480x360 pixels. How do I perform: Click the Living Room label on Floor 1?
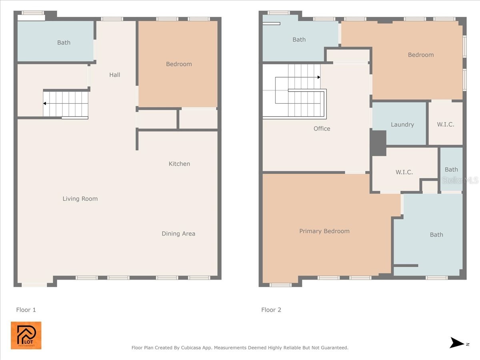pyautogui.click(x=80, y=199)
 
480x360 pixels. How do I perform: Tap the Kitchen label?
pyautogui.click(x=179, y=164)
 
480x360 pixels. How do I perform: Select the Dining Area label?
pyautogui.click(x=178, y=234)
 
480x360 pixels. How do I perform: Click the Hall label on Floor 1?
pyautogui.click(x=115, y=75)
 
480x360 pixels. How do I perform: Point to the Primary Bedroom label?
pyautogui.click(x=324, y=231)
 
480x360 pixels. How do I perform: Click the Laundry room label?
pyautogui.click(x=402, y=124)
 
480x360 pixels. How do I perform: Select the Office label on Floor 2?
pyautogui.click(x=322, y=128)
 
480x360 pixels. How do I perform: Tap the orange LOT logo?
pyautogui.click(x=26, y=335)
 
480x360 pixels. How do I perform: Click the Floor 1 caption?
pyautogui.click(x=26, y=310)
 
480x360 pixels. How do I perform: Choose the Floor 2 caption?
pyautogui.click(x=271, y=310)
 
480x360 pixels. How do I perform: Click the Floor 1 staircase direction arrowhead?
pyautogui.click(x=45, y=104)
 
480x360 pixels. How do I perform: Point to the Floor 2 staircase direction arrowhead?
pyautogui.click(x=319, y=77)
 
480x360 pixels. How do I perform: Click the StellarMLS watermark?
pyautogui.click(x=460, y=180)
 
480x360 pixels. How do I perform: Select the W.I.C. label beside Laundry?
pyautogui.click(x=446, y=124)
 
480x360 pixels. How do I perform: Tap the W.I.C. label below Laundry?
pyautogui.click(x=404, y=172)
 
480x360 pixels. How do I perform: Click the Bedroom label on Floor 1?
pyautogui.click(x=179, y=64)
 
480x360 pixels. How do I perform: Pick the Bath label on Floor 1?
pyautogui.click(x=64, y=42)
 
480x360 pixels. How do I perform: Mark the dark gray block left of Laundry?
pyautogui.click(x=378, y=143)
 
